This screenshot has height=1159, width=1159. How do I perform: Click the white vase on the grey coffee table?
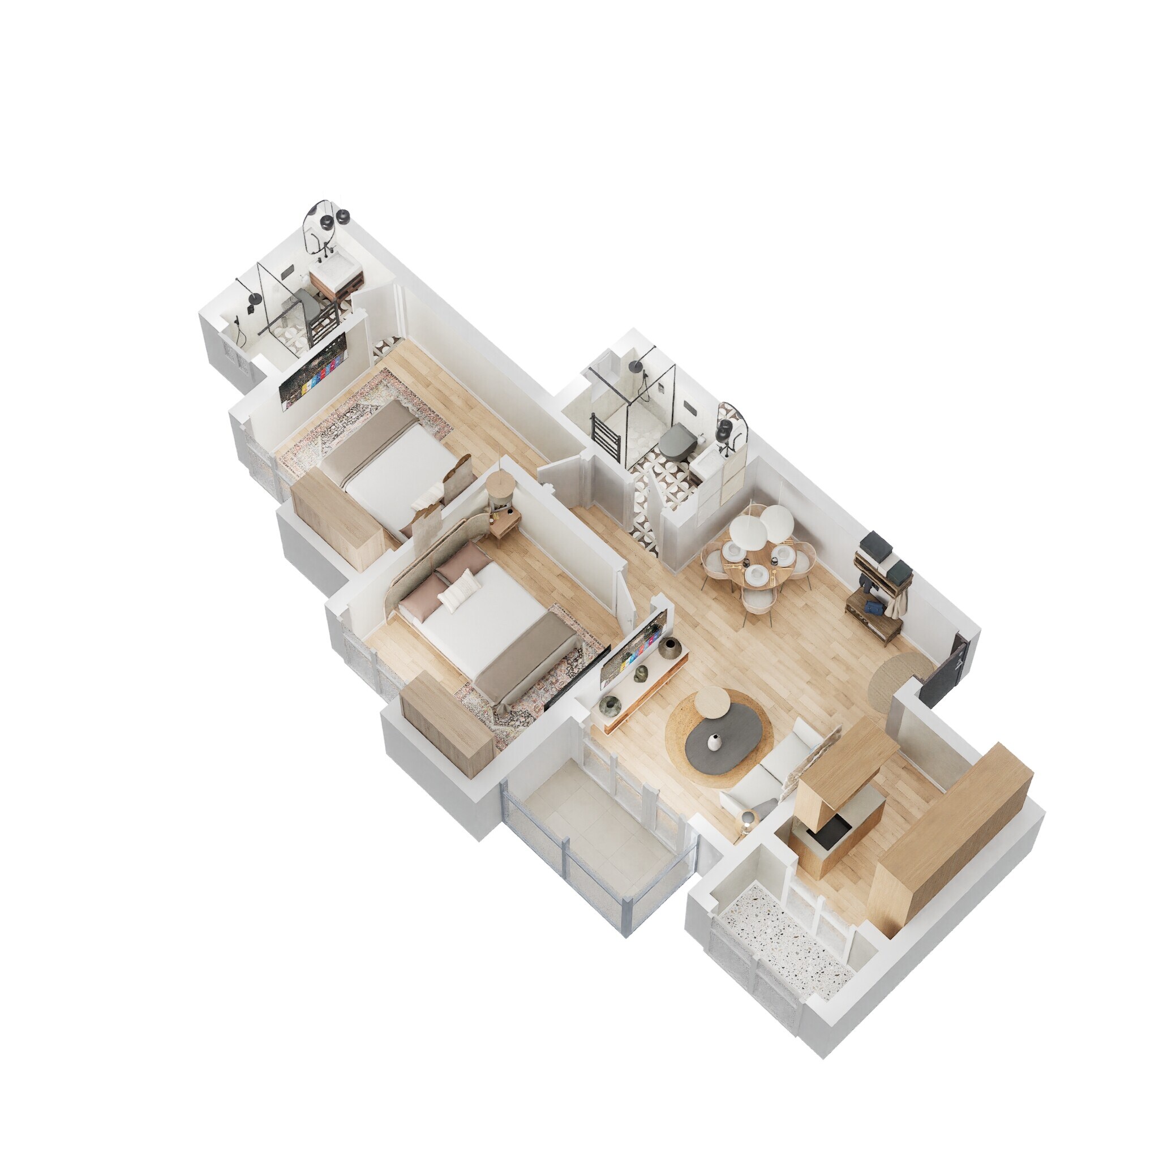(713, 742)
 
